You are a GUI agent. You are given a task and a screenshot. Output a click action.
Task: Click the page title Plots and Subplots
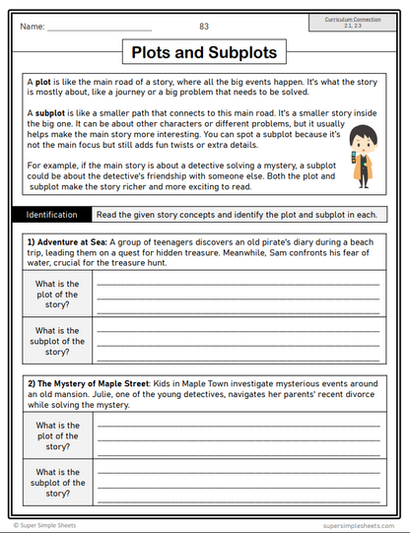click(204, 51)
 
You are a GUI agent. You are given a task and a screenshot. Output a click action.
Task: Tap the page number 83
click(204, 26)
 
